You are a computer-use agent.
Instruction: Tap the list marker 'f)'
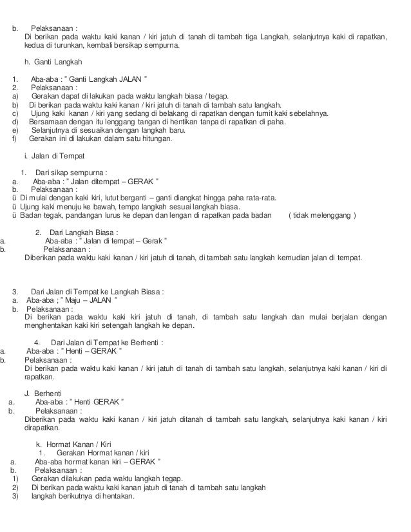[15, 138]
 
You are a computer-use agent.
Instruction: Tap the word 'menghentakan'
[47, 325]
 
